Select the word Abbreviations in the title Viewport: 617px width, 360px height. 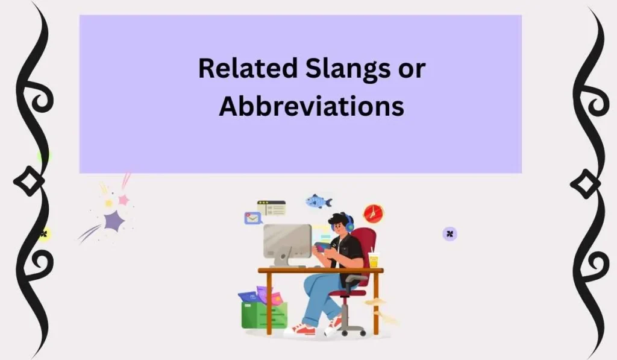(311, 106)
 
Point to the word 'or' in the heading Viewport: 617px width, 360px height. (411, 69)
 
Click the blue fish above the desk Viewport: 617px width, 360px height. (319, 201)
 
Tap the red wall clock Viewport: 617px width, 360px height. (373, 213)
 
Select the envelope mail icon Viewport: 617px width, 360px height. (252, 218)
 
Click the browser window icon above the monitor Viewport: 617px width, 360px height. (271, 208)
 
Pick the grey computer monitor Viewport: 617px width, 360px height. (287, 241)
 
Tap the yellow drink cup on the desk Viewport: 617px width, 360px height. (374, 260)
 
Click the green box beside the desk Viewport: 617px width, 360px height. (264, 315)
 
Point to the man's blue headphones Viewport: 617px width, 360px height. (349, 223)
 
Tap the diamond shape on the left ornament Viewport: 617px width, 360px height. (28, 181)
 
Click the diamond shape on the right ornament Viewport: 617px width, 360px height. (586, 183)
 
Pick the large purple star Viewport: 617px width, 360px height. (113, 221)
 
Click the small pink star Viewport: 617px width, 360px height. (124, 200)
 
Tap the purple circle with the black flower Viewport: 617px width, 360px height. (449, 234)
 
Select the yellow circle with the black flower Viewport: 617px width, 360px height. (43, 234)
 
